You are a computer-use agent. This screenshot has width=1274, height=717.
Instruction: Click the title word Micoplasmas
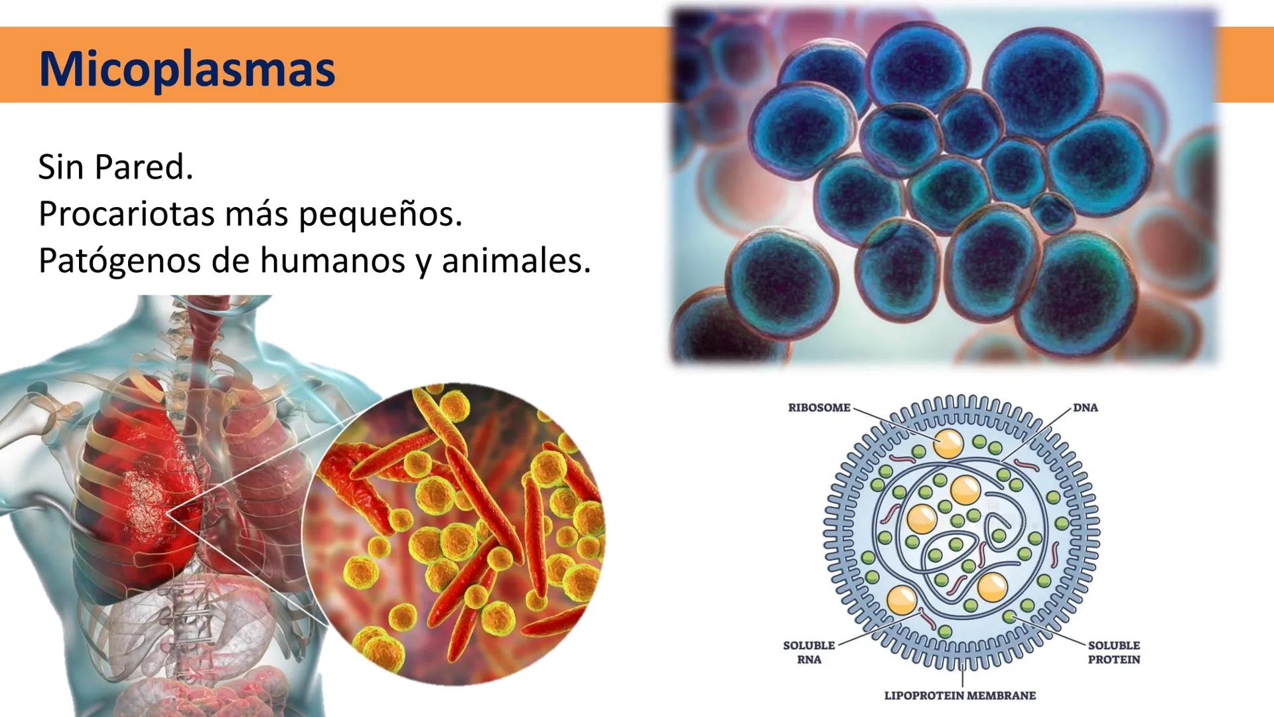pos(187,69)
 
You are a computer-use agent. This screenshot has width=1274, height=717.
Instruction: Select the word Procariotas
pos(127,214)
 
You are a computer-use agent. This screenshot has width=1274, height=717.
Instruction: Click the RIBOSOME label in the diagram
pos(819,408)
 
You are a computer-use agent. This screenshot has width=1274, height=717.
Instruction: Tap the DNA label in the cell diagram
pos(1086,408)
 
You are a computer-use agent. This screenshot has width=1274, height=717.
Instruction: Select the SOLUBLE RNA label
pos(809,652)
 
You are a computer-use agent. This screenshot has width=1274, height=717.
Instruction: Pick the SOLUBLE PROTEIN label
pos(1114,652)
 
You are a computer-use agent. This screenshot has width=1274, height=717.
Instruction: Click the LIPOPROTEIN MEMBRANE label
pos(960,696)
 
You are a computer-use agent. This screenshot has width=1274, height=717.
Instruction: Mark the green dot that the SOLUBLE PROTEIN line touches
pos(1009,617)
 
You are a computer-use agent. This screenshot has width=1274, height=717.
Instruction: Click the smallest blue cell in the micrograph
pos(1052,212)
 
